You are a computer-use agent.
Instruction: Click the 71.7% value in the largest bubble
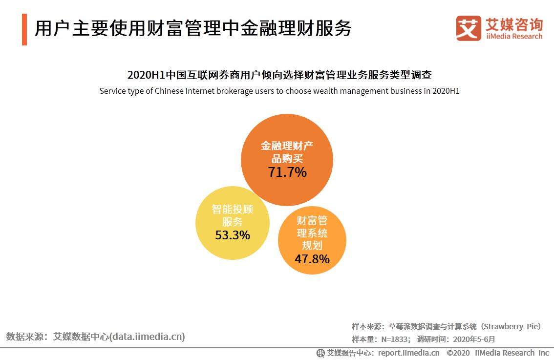coord(287,172)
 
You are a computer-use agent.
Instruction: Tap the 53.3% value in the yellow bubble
coord(233,235)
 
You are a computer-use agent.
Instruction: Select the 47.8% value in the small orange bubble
coord(312,259)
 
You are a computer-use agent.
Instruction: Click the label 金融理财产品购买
coord(287,152)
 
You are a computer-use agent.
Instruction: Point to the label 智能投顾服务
coord(233,215)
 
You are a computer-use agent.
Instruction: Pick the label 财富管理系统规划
coord(312,233)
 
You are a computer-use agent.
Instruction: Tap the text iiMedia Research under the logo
coord(514,37)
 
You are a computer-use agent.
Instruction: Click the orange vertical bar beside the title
coord(24,30)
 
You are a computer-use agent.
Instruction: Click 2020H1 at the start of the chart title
coord(145,75)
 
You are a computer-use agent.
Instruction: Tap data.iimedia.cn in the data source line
coord(148,337)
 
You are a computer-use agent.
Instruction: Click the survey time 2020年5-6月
coord(474,339)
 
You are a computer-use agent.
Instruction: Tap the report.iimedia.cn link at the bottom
coord(408,353)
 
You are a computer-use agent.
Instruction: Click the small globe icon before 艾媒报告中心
coord(320,353)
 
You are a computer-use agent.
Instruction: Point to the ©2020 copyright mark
coord(458,353)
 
